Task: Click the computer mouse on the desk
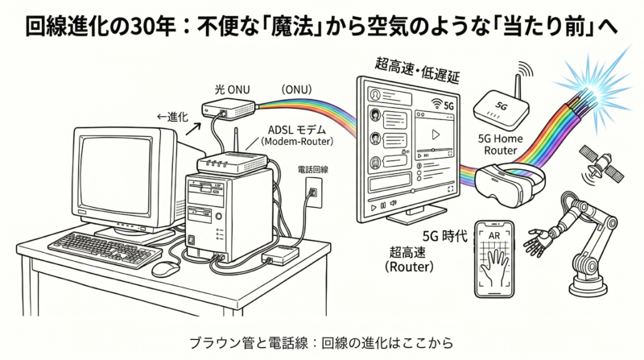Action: (167, 267)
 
